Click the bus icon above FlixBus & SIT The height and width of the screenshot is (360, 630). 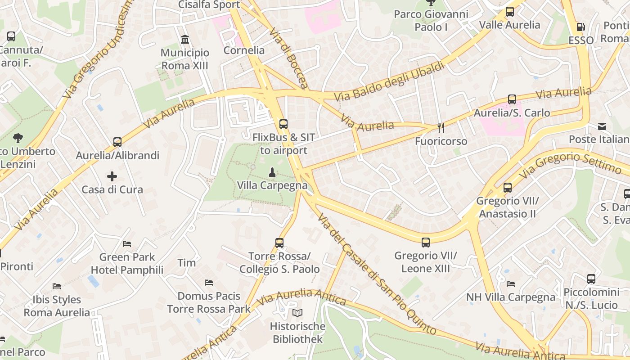(283, 124)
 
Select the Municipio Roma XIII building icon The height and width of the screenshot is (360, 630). (185, 40)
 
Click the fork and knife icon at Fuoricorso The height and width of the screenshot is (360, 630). (441, 128)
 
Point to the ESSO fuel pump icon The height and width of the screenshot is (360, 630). (581, 27)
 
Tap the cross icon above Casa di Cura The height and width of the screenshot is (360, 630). (112, 176)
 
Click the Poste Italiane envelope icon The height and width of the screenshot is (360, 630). (602, 126)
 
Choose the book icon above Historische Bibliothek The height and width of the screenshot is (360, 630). (297, 313)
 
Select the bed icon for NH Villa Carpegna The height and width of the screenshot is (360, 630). (511, 284)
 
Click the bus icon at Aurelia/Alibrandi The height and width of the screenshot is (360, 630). (117, 142)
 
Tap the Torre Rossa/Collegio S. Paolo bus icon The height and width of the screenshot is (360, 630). (279, 243)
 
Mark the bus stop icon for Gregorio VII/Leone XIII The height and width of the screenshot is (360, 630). (426, 243)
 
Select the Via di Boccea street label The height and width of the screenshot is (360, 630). (289, 58)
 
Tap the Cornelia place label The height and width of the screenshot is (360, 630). (244, 50)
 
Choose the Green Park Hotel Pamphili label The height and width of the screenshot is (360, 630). (127, 264)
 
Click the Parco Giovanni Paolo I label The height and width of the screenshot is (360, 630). (431, 21)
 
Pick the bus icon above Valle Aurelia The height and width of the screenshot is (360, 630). (510, 12)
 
